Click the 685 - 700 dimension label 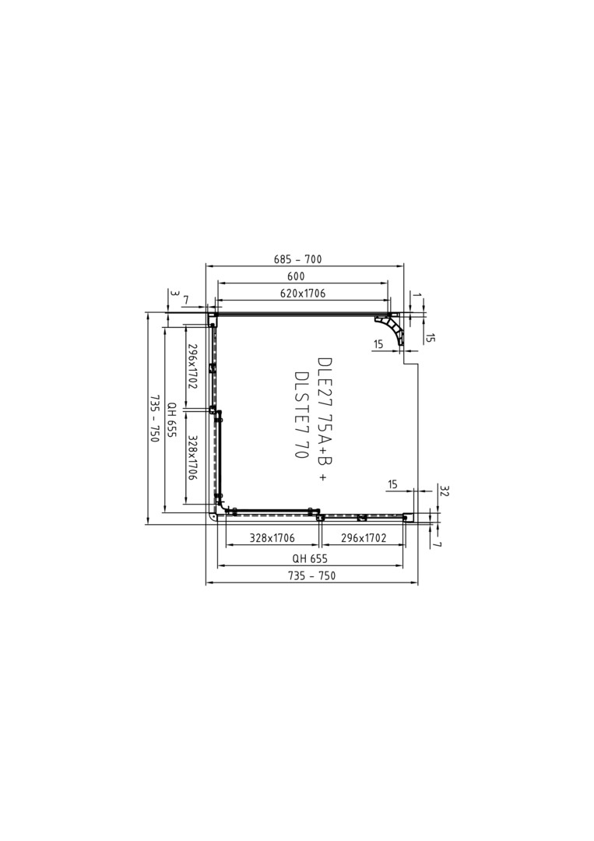click(x=297, y=259)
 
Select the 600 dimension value click(x=296, y=276)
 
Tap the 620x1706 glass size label click(x=302, y=294)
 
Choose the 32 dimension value click(x=443, y=491)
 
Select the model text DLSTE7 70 click(x=301, y=413)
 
